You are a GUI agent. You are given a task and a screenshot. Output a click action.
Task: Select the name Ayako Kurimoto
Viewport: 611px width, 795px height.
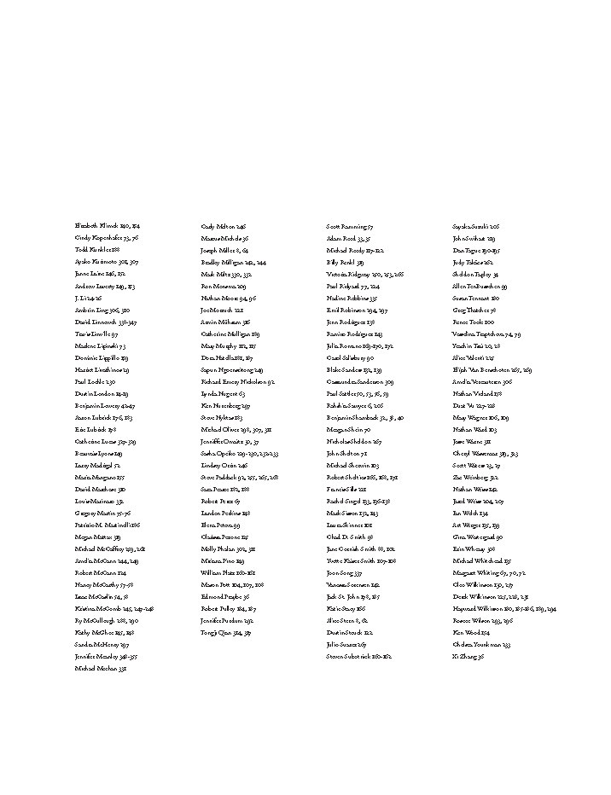107,262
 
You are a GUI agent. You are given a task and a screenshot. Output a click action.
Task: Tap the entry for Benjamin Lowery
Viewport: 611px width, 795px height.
104,407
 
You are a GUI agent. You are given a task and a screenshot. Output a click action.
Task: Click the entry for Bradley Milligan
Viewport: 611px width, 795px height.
233,263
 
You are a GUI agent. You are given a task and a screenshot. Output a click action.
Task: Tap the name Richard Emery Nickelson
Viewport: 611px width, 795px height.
237,383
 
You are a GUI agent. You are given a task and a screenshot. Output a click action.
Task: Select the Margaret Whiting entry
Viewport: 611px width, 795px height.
489,574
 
